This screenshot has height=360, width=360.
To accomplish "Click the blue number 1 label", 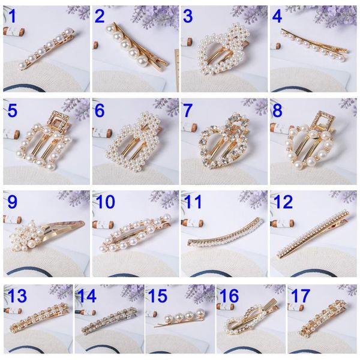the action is [x=13, y=16].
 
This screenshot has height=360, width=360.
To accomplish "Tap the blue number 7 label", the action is [x=188, y=110].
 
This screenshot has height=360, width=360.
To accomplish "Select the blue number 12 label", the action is [x=283, y=202].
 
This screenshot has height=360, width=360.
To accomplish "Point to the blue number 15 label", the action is [x=158, y=296].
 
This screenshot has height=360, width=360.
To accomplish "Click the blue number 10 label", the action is [x=105, y=202].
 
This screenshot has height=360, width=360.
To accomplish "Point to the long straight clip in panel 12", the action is [x=313, y=234].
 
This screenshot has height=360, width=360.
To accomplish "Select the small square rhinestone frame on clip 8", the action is [x=323, y=121].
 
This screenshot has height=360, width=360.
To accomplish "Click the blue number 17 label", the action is [x=301, y=296].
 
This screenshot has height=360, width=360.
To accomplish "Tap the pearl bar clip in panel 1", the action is [x=47, y=49].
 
